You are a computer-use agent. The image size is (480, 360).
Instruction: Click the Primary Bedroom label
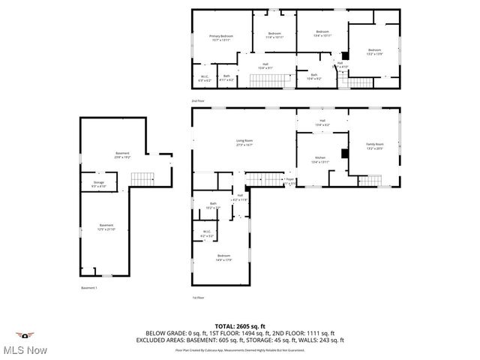click(x=221, y=37)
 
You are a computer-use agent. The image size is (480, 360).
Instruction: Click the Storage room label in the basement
click(x=99, y=183)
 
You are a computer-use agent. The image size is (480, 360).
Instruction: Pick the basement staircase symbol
click(x=142, y=178)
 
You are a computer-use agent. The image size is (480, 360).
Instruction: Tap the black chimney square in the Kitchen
click(x=344, y=154)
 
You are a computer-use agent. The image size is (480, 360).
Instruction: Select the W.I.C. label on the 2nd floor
click(x=203, y=77)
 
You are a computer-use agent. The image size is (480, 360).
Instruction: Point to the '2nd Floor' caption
click(x=197, y=100)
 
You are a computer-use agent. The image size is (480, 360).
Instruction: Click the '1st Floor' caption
click(x=198, y=298)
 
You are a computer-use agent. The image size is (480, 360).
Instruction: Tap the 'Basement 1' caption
click(x=89, y=288)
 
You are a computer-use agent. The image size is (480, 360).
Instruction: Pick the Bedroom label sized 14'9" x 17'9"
click(x=223, y=257)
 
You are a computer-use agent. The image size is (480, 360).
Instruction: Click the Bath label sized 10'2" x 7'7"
click(x=213, y=205)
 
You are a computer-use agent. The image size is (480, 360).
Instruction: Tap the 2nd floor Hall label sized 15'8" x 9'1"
click(x=265, y=66)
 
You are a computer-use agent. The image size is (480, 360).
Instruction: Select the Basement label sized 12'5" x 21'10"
click(x=107, y=227)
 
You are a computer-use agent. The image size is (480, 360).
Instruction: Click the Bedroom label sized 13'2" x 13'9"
click(x=374, y=52)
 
